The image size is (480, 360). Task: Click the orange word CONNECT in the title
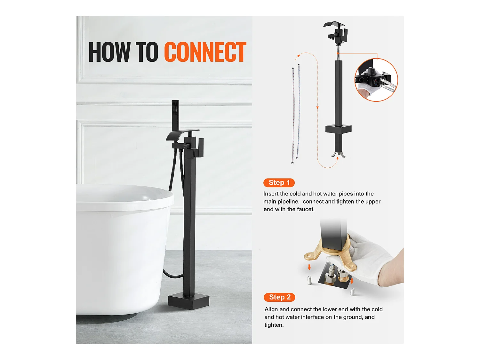[x=205, y=52]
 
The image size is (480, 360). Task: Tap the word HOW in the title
[x=109, y=52]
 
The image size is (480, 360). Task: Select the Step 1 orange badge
[x=279, y=182]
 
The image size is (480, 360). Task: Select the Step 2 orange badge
[x=279, y=297]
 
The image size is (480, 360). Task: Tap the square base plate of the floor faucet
[x=188, y=301]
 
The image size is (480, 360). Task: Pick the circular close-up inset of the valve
[x=376, y=80]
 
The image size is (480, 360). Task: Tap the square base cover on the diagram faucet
[x=338, y=129]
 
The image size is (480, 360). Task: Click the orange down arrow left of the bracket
[x=309, y=267]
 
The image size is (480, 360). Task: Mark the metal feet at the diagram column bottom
[x=338, y=155]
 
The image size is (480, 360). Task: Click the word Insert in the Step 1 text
[x=271, y=194]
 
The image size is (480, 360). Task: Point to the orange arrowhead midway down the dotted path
[x=317, y=108]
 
